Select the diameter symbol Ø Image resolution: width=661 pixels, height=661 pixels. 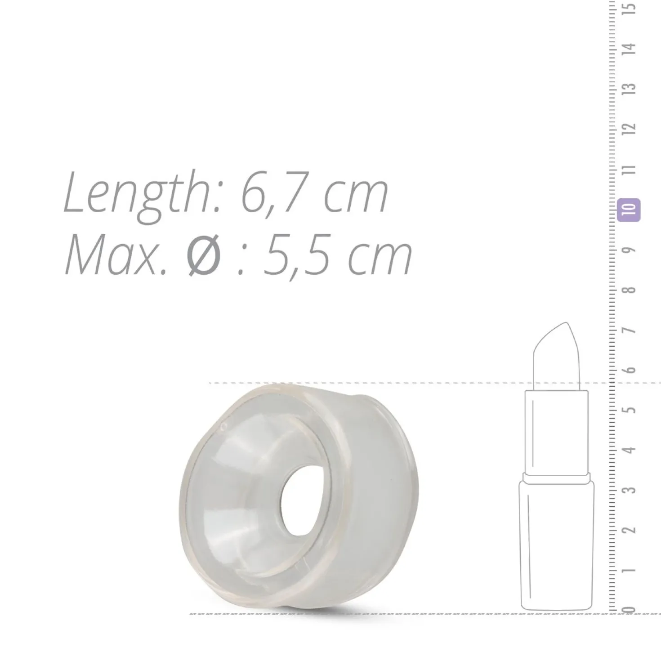(x=204, y=255)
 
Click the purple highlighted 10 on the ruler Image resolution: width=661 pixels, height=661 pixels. (x=629, y=210)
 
